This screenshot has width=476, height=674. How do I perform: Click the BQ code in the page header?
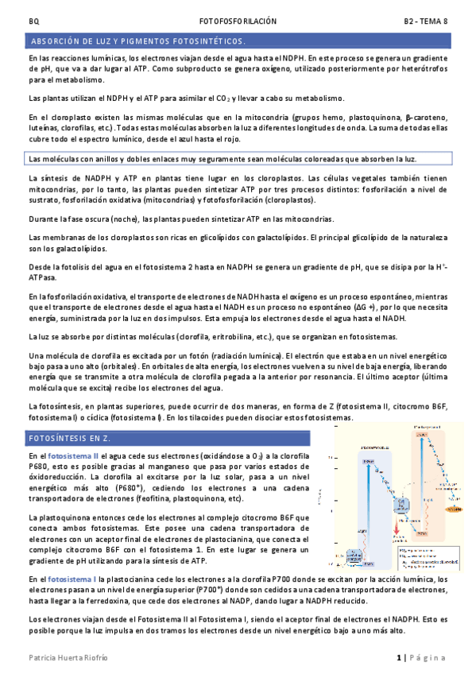(33, 21)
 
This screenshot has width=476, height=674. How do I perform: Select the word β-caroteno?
(428, 117)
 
